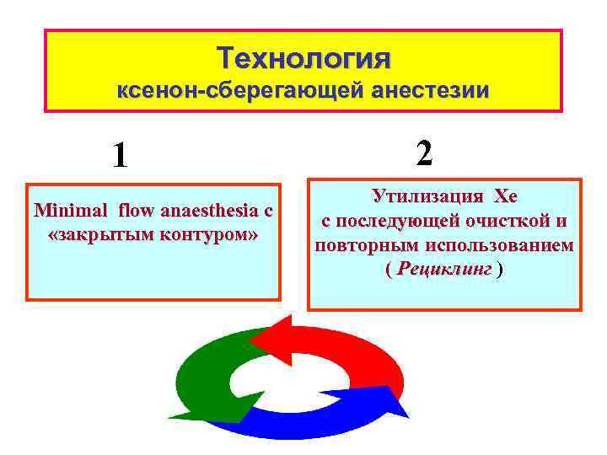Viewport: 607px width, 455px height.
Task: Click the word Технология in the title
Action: (303, 58)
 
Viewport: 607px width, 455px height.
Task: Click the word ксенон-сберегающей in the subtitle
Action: (207, 90)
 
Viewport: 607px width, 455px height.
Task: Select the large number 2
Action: (424, 153)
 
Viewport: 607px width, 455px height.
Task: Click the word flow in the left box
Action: (138, 210)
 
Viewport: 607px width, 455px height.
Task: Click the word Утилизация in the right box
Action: (427, 196)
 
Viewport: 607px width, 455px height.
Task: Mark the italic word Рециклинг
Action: (444, 270)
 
